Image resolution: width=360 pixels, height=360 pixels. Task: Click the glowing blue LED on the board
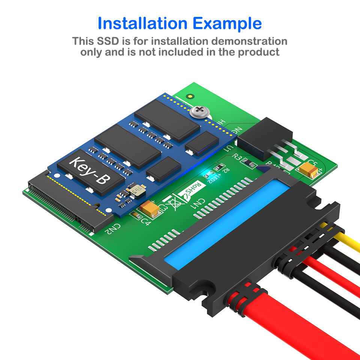tap(205, 174)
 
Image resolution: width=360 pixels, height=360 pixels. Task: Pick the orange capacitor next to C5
tap(309, 170)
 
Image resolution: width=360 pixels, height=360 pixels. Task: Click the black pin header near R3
tap(264, 137)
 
